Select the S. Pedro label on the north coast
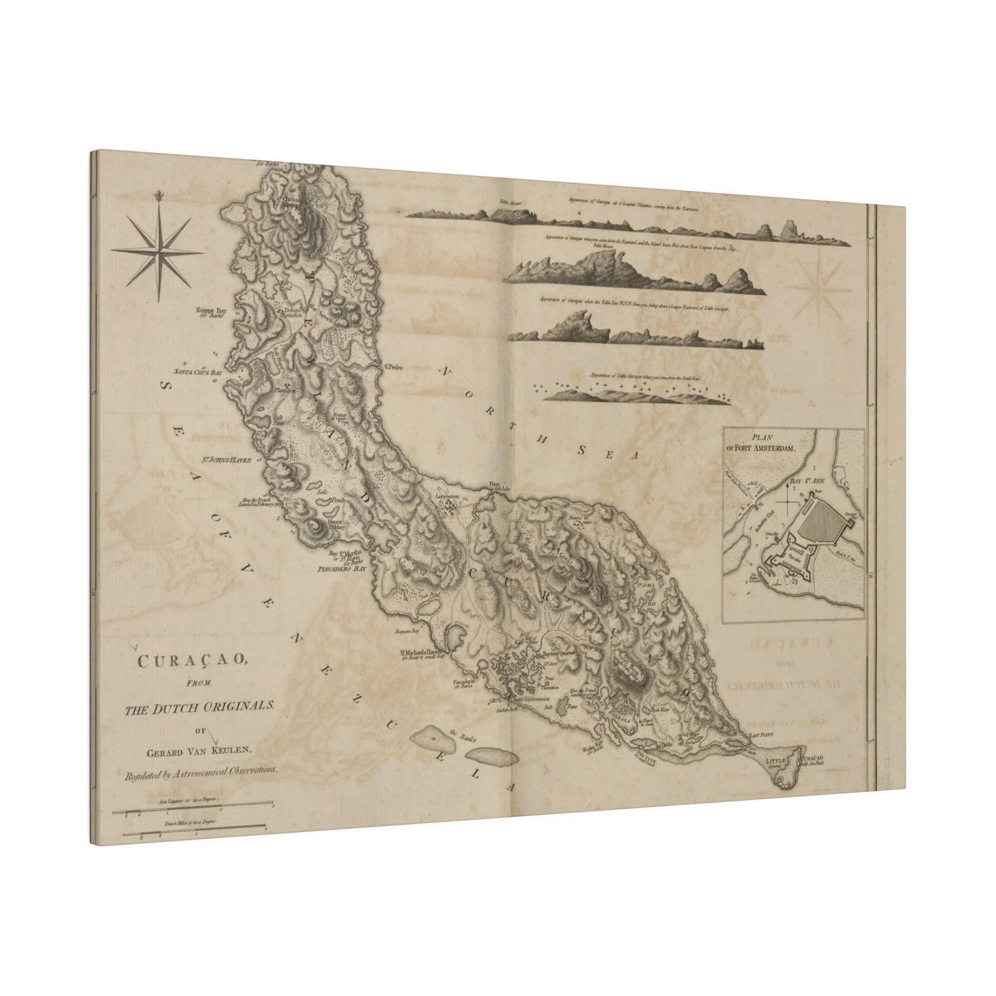393,367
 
